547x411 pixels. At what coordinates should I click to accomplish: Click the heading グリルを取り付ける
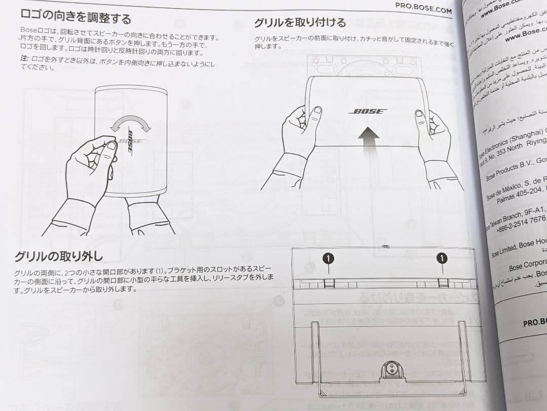300,22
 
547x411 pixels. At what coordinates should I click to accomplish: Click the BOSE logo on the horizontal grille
368,111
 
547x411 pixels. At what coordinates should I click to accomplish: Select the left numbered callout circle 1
328,259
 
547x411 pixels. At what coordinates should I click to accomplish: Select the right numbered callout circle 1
442,259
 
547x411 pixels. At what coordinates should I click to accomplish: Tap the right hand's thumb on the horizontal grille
420,115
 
